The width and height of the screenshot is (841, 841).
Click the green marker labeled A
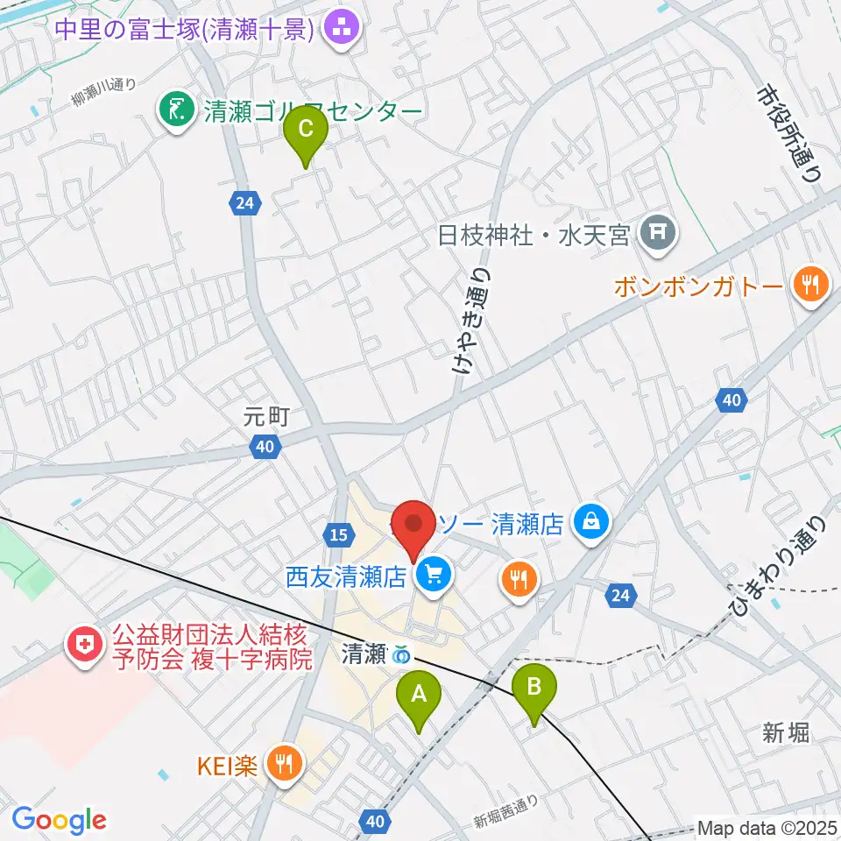tap(419, 696)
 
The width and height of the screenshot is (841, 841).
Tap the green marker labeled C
tap(306, 131)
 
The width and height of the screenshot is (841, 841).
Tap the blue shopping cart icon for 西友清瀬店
tap(433, 575)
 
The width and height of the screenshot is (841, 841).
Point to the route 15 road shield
tap(338, 534)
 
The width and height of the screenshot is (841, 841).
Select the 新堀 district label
tap(785, 732)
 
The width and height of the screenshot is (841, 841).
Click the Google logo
tap(60, 819)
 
